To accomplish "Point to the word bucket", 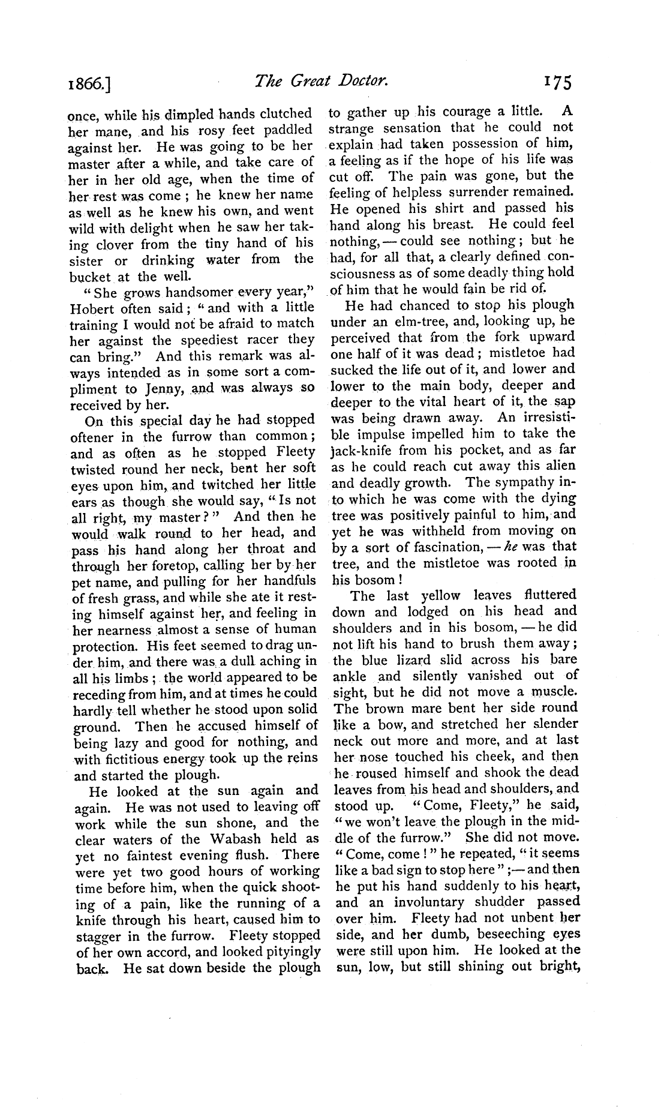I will pos(91,277).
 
